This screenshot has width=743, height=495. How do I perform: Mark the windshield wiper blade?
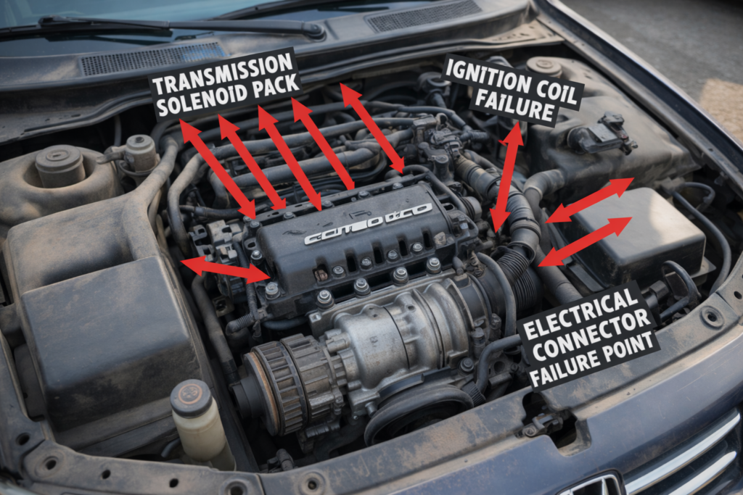click(181, 25)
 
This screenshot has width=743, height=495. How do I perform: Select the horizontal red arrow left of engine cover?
click(226, 269)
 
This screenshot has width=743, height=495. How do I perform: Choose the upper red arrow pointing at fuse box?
click(589, 200)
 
